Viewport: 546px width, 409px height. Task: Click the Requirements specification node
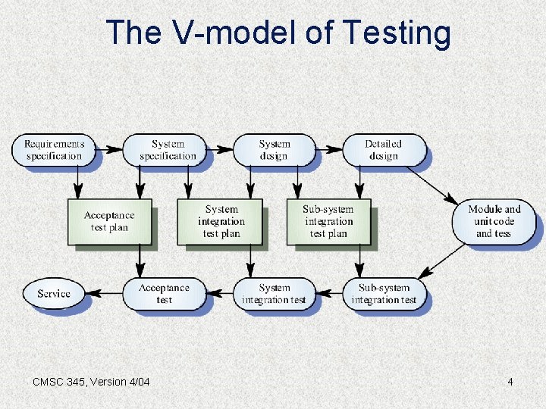coord(54,149)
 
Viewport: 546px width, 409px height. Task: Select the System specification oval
coord(168,149)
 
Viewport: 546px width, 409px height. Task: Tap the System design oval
coord(274,149)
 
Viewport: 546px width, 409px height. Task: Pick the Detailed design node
coord(383,149)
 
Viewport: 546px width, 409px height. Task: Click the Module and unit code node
coord(494,221)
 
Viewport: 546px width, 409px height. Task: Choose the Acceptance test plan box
coord(109,221)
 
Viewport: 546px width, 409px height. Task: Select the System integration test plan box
coord(221,221)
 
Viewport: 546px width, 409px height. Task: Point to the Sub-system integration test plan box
coord(328,221)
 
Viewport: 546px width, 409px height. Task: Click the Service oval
coord(54,293)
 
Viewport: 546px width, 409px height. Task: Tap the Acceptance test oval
coord(165,293)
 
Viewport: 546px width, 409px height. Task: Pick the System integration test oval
coord(274,293)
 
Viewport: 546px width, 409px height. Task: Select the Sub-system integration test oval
coord(384,293)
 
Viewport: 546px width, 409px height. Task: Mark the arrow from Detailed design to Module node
coord(432,186)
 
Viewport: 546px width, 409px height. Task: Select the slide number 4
coord(510,382)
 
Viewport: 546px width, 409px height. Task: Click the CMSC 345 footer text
coord(91,382)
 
